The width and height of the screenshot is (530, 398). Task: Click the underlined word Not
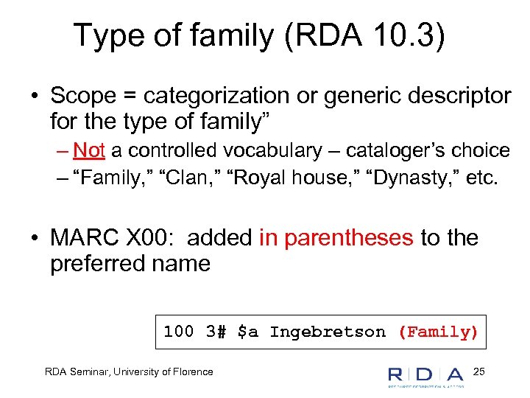89,151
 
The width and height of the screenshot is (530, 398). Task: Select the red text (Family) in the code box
438,332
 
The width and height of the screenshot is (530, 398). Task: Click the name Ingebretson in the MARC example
327,332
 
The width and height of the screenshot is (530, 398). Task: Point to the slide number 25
479,371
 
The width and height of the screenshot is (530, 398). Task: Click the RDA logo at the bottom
425,374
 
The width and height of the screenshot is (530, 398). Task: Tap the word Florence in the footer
193,372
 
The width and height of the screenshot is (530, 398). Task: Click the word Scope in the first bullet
82,96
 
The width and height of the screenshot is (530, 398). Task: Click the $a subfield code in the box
248,332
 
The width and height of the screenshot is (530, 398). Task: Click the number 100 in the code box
178,332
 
